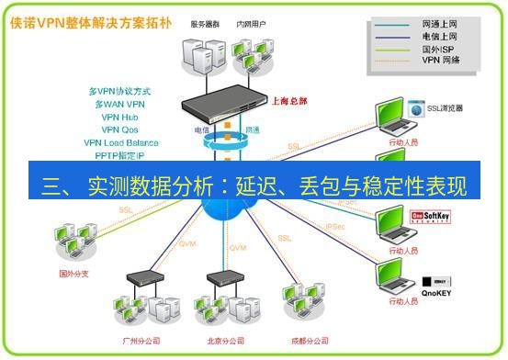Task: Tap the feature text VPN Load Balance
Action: [120, 142]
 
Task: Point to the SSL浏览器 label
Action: [445, 108]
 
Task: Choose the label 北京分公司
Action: [227, 340]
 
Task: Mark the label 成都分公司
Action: [309, 340]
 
